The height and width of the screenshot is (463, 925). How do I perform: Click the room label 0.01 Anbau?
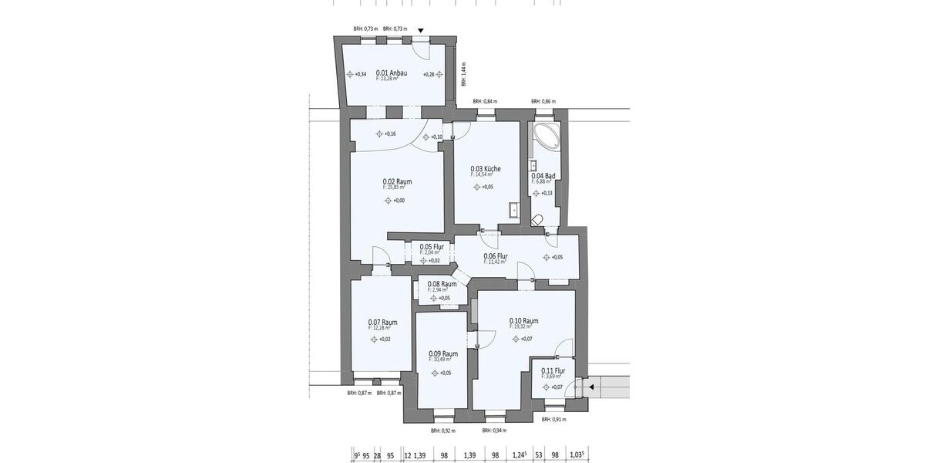391,72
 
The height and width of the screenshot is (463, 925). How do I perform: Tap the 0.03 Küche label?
486,168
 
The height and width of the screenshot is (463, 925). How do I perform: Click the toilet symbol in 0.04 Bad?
539,221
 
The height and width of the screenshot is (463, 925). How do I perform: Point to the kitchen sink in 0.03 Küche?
514,209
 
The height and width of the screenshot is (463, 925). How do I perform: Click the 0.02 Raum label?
397,181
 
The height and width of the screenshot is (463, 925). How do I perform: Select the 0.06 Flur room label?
495,256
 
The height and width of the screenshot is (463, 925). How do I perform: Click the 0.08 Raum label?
442,284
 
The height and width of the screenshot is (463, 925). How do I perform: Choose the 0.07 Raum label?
382,323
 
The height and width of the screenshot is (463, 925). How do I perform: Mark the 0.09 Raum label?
442,353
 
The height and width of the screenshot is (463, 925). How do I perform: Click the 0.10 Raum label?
523,320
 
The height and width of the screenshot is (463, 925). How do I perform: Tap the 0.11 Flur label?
553,370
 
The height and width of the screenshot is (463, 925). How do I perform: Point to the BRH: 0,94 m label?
496,430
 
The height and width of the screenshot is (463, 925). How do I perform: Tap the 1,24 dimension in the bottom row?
519,455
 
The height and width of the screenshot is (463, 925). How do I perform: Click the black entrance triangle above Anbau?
420,30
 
